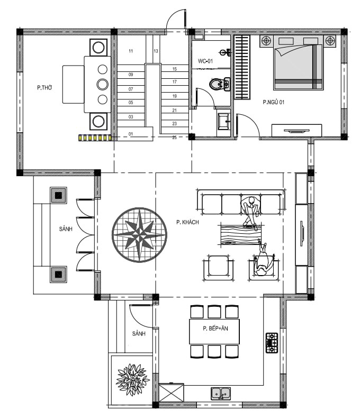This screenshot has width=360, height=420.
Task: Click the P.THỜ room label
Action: pos(44,88)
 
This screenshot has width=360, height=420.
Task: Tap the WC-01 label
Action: pos(205,61)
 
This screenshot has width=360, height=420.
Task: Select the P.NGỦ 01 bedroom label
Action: pos(273,102)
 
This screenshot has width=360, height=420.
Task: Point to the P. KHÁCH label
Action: pos(187,222)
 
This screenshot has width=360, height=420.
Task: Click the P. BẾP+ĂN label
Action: pos(215,328)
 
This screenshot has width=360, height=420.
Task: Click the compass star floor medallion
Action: pos(139,235)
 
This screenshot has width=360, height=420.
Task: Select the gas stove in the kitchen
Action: pos(272,343)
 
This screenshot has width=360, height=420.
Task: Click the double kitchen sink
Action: pos(221,394)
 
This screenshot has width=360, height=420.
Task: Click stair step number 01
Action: pos(131,134)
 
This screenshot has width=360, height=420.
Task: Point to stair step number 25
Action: pos(175,138)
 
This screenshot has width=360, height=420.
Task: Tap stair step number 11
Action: pos(131,51)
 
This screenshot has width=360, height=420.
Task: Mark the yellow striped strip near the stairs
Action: pos(95,138)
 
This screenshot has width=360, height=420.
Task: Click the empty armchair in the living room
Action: pos(218,267)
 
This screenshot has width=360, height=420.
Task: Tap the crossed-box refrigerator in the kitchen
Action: pos(172,392)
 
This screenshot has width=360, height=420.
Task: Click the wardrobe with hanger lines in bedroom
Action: pos(242,67)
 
